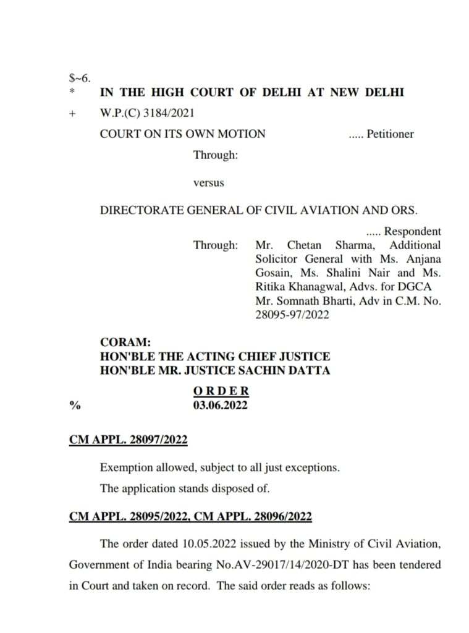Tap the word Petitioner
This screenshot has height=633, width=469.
click(390, 134)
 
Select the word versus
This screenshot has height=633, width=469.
click(209, 183)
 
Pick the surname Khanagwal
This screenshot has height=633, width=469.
click(313, 286)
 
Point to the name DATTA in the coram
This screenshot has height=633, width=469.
click(308, 371)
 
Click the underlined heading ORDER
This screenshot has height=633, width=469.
click(221, 391)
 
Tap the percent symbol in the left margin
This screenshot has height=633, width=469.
click(75, 406)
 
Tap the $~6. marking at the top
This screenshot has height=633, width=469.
click(80, 78)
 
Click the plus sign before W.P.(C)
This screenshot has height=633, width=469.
click(72, 114)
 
